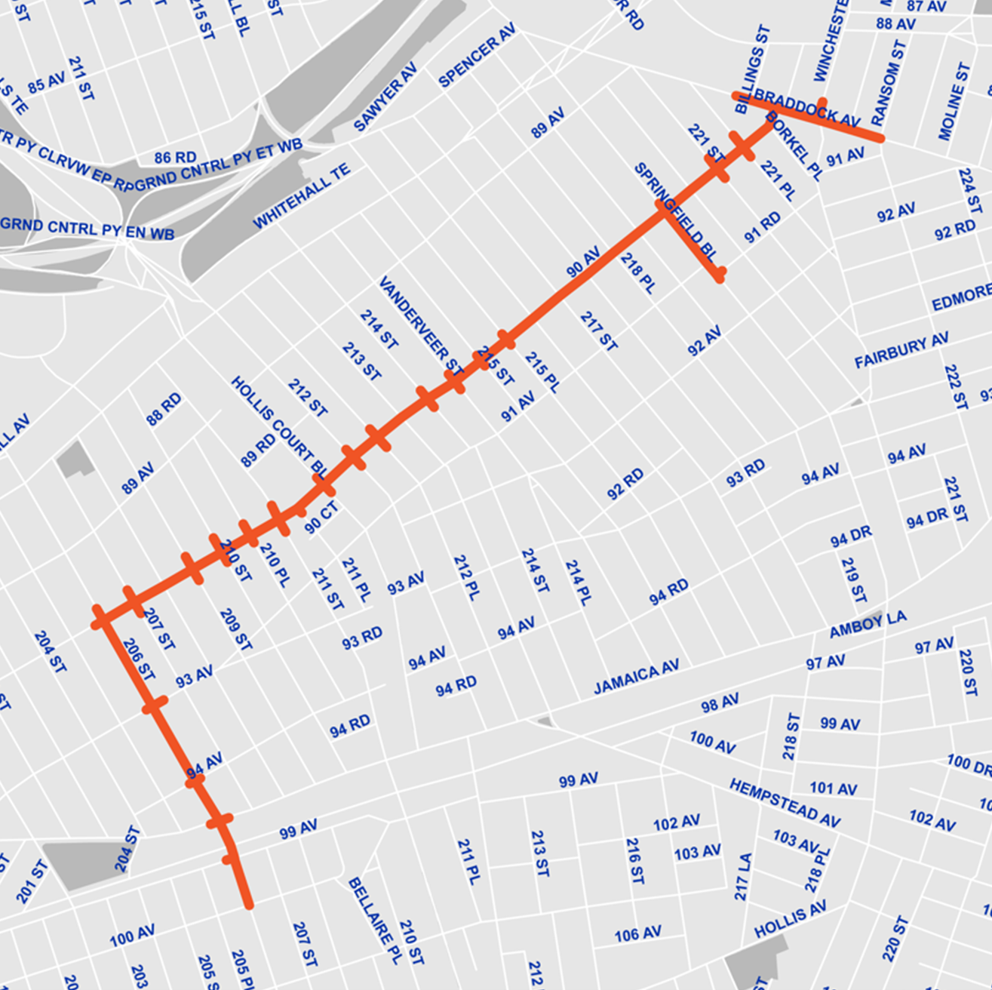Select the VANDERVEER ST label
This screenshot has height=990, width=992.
(420, 325)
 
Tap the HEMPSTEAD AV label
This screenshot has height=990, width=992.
(785, 803)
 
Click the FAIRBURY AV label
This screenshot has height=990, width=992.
(901, 351)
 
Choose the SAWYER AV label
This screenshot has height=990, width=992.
(385, 97)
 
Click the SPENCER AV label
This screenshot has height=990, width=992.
(477, 55)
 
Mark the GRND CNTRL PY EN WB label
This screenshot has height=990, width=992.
(87, 229)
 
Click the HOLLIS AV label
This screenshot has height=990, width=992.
(790, 918)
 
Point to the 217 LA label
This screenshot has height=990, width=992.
(743, 876)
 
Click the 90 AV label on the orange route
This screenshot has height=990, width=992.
(583, 262)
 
